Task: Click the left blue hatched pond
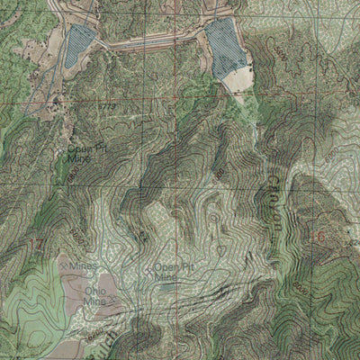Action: (79, 45)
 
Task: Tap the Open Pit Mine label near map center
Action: (172, 272)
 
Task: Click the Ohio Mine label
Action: (95, 296)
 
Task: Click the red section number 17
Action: (36, 245)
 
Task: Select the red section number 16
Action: (314, 236)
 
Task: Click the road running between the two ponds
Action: (153, 40)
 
